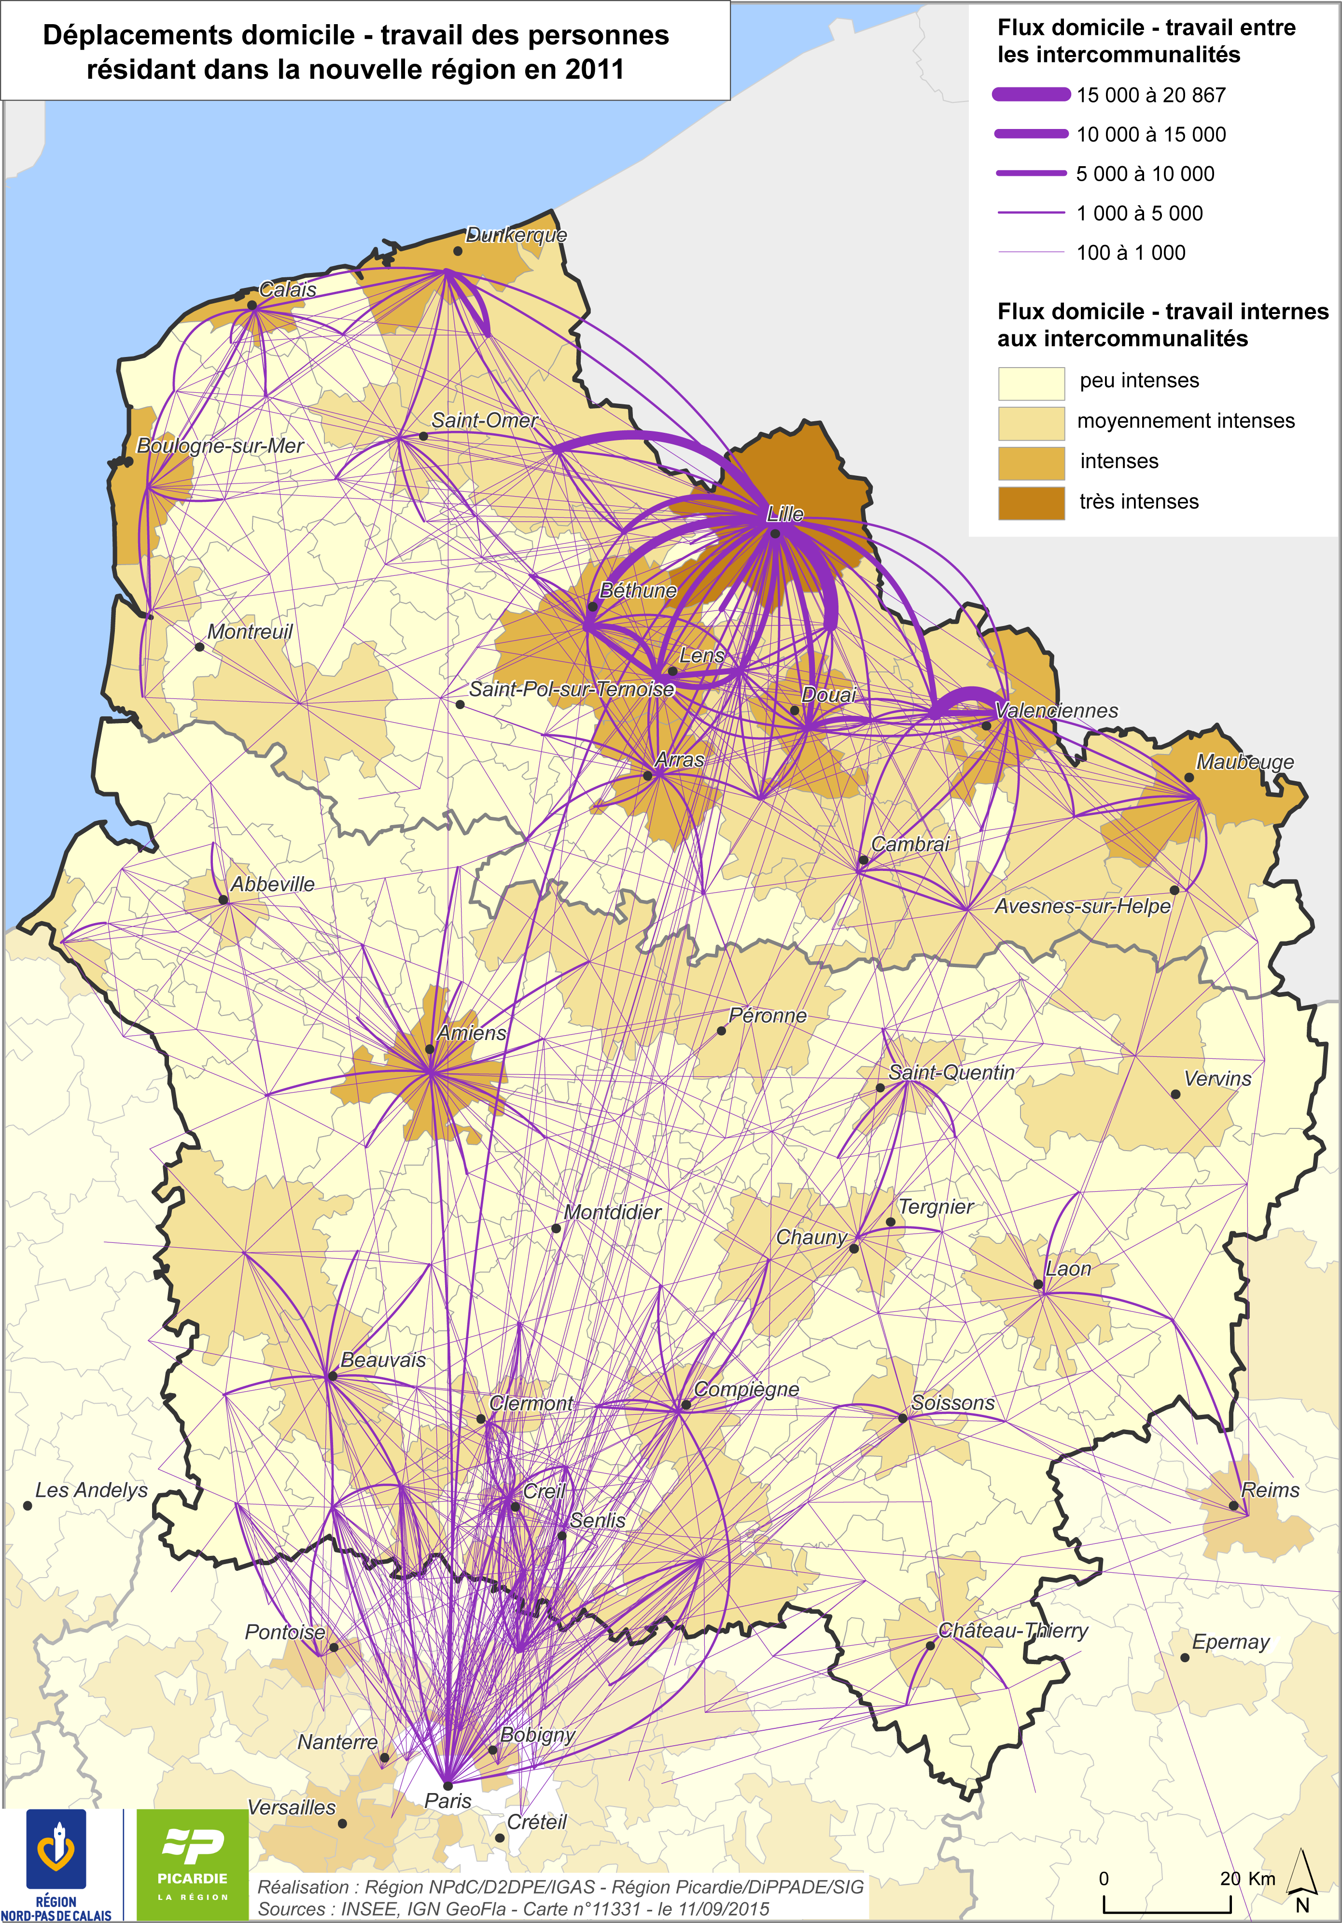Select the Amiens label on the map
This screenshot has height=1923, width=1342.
pyautogui.click(x=471, y=1033)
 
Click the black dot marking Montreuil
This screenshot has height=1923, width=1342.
pyautogui.click(x=199, y=647)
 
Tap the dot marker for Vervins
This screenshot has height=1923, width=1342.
pyautogui.click(x=1175, y=1094)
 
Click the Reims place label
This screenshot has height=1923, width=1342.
pyautogui.click(x=1270, y=1489)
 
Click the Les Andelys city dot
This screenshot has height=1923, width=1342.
pyautogui.click(x=28, y=1505)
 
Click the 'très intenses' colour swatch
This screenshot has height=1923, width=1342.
pyautogui.click(x=1031, y=502)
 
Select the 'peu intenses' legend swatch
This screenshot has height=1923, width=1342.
pyautogui.click(x=1031, y=382)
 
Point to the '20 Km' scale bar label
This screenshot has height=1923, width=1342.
pyautogui.click(x=1246, y=1878)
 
